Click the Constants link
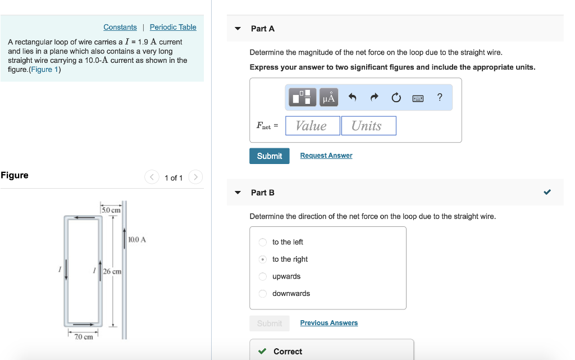pos(120,27)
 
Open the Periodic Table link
pos(173,27)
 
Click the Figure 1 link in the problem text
pos(44,70)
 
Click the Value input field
pos(313,126)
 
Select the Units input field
pos(368,126)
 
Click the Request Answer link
pos(326,156)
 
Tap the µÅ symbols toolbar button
pos(328,98)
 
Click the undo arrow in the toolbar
pos(353,98)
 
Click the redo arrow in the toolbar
pos(375,98)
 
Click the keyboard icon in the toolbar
pos(418,98)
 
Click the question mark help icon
pos(440,98)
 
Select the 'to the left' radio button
pos(262,242)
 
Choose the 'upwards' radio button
pos(262,276)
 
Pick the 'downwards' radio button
pos(262,294)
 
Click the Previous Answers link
pos(328,323)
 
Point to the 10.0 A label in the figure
pos(137,240)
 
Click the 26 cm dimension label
pos(112,271)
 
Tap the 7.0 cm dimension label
pos(84,337)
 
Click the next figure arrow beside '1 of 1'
pos(195,177)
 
